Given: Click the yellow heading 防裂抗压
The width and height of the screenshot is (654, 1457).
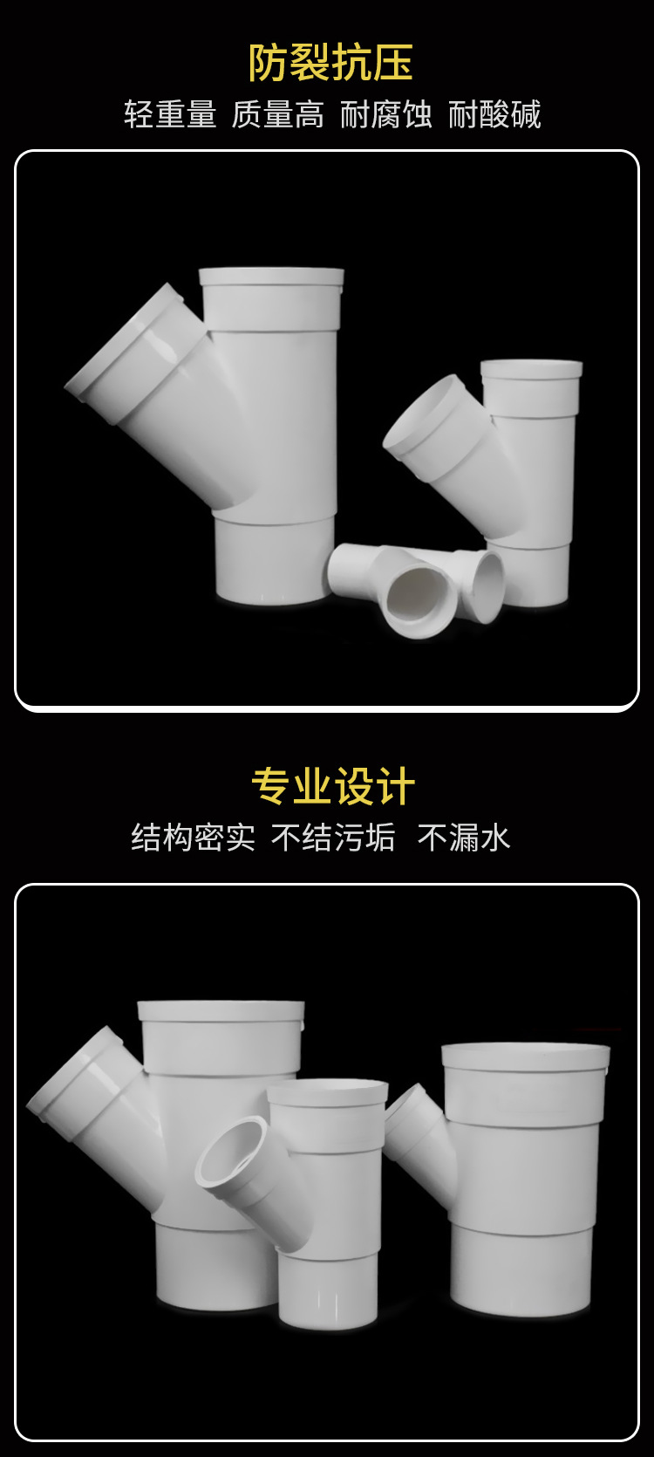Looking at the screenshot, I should (330, 63).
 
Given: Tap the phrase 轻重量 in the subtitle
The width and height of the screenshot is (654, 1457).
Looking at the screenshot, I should (169, 114).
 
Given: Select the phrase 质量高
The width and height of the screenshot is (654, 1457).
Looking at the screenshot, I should (277, 114).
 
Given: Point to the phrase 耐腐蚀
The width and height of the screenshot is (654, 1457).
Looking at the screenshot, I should (385, 114).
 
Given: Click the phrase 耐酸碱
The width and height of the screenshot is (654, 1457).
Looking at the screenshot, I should (494, 114).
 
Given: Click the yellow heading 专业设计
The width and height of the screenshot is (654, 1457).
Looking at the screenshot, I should (333, 786).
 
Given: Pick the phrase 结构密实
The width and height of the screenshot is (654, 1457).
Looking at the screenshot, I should (193, 838).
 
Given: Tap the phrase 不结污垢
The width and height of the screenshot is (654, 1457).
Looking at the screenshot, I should (333, 838).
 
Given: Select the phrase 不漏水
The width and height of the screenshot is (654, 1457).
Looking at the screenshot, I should (463, 838).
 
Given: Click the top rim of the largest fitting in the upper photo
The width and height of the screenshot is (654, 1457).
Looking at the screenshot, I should (271, 277).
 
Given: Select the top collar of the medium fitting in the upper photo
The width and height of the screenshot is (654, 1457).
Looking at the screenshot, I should (531, 370).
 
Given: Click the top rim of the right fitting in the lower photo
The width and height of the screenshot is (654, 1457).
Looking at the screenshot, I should (525, 1057).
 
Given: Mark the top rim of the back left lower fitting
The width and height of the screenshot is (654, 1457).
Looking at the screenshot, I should (221, 1012).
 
